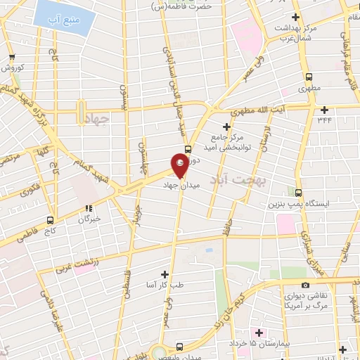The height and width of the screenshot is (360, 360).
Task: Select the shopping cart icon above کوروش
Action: (11, 58)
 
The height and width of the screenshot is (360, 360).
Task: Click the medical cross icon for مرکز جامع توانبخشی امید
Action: (226, 125)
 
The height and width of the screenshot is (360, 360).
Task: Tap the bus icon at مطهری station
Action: (307, 77)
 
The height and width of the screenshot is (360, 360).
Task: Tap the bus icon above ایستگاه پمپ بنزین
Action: (298, 193)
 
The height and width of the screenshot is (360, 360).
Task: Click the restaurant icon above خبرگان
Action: (89, 208)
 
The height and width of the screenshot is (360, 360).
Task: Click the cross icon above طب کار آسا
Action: (165, 274)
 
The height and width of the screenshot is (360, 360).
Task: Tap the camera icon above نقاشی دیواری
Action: (305, 285)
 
